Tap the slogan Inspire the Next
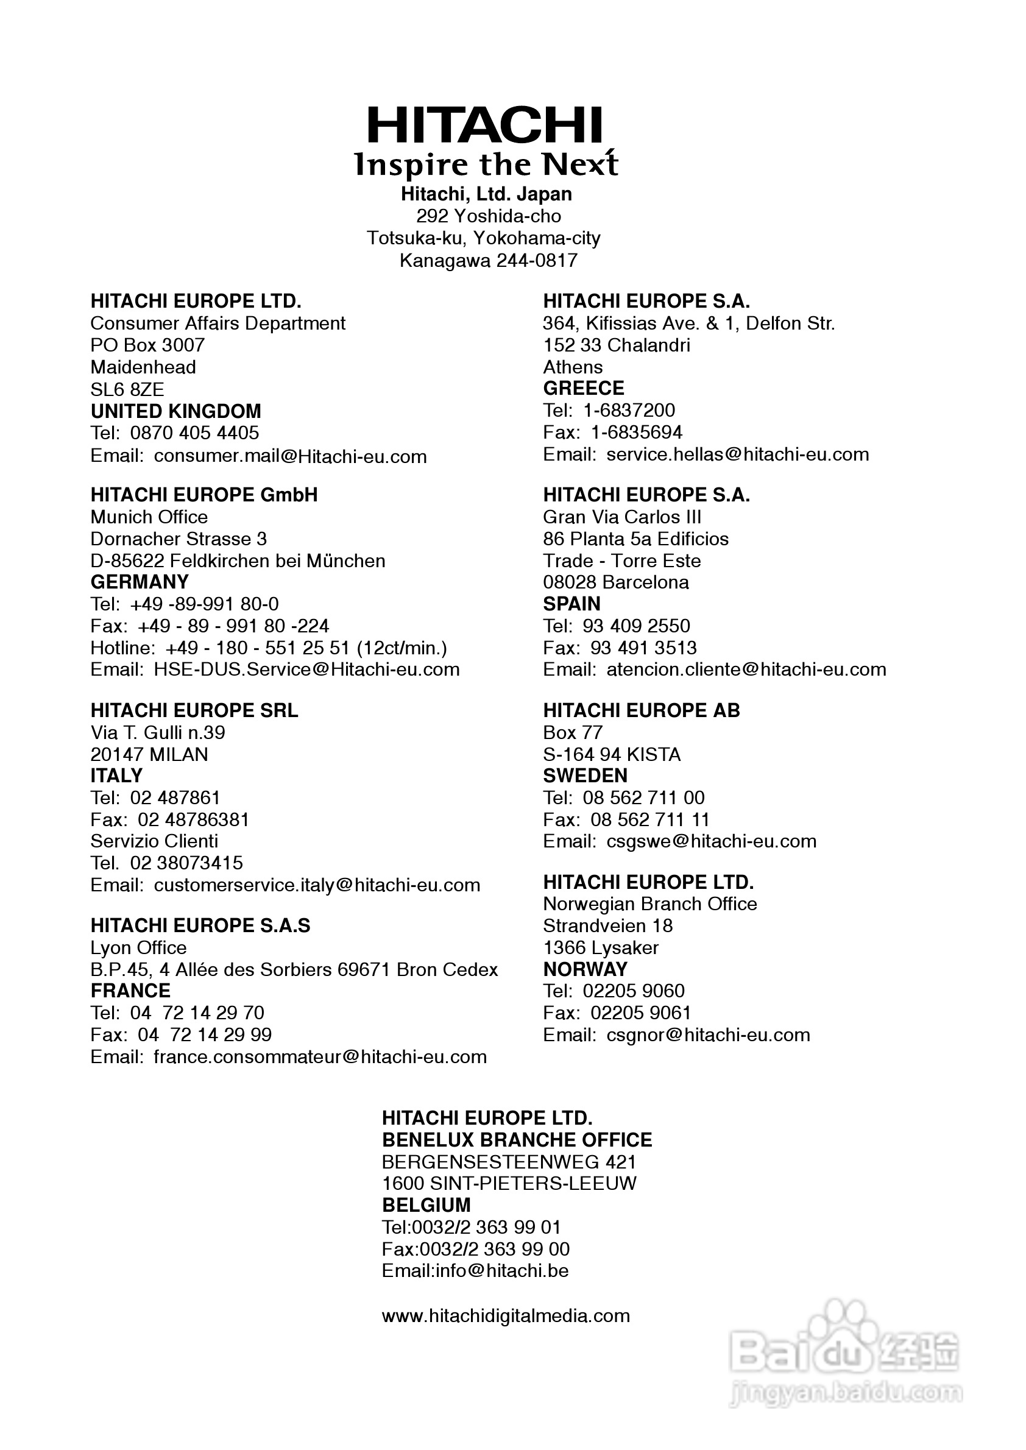pyautogui.click(x=486, y=164)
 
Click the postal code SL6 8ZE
pyautogui.click(x=127, y=389)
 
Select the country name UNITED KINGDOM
pyautogui.click(x=175, y=411)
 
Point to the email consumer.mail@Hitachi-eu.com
pyautogui.click(x=290, y=456)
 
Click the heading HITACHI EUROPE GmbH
pyautogui.click(x=204, y=495)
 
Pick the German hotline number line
pyautogui.click(x=269, y=648)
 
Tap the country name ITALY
pyautogui.click(x=116, y=775)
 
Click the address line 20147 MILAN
pyautogui.click(x=149, y=754)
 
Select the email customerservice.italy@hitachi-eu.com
pyautogui.click(x=317, y=885)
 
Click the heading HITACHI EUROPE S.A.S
pyautogui.click(x=200, y=925)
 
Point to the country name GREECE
pyautogui.click(x=583, y=388)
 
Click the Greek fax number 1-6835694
pyautogui.click(x=636, y=432)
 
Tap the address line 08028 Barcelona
pyautogui.click(x=615, y=582)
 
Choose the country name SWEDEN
pyautogui.click(x=585, y=775)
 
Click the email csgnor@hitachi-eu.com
pyautogui.click(x=707, y=1035)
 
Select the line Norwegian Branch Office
pyautogui.click(x=649, y=904)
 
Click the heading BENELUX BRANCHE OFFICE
pyautogui.click(x=516, y=1140)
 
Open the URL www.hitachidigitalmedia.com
pyautogui.click(x=506, y=1316)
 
